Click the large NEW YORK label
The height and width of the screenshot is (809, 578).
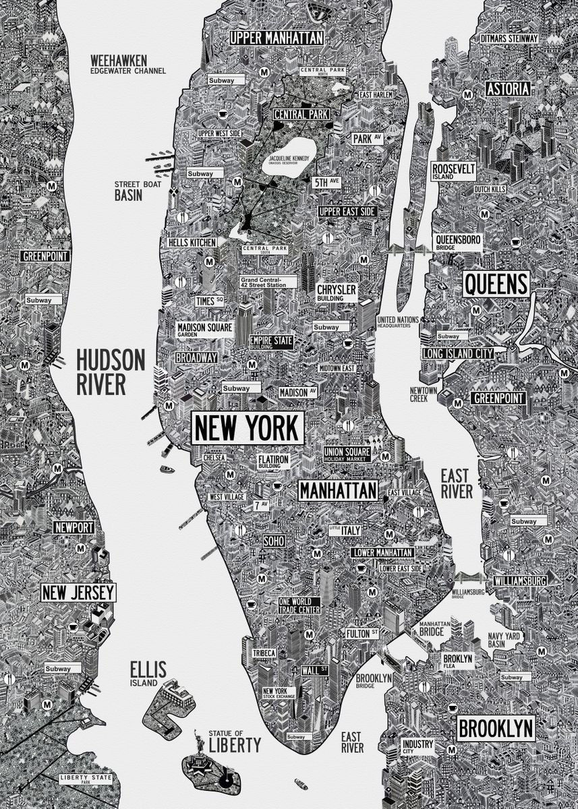pyautogui.click(x=248, y=427)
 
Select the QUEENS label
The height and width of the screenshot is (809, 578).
pyautogui.click(x=496, y=284)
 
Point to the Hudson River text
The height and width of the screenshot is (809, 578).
pyautogui.click(x=110, y=371)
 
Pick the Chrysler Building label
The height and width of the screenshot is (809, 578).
pyautogui.click(x=337, y=292)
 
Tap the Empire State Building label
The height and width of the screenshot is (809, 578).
pyautogui.click(x=271, y=341)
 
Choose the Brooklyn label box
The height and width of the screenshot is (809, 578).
pyautogui.click(x=496, y=729)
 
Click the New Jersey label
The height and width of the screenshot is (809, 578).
pyautogui.click(x=78, y=593)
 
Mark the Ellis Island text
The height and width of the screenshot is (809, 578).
pyautogui.click(x=148, y=672)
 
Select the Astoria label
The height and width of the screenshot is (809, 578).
pyautogui.click(x=507, y=89)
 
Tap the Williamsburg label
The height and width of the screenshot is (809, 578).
pyautogui.click(x=519, y=580)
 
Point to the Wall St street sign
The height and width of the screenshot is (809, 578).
pyautogui.click(x=314, y=670)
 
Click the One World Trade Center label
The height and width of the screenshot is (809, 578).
pyautogui.click(x=299, y=605)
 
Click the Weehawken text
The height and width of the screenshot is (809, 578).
pyautogui.click(x=119, y=61)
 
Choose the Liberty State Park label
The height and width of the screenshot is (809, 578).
pyautogui.click(x=84, y=779)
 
